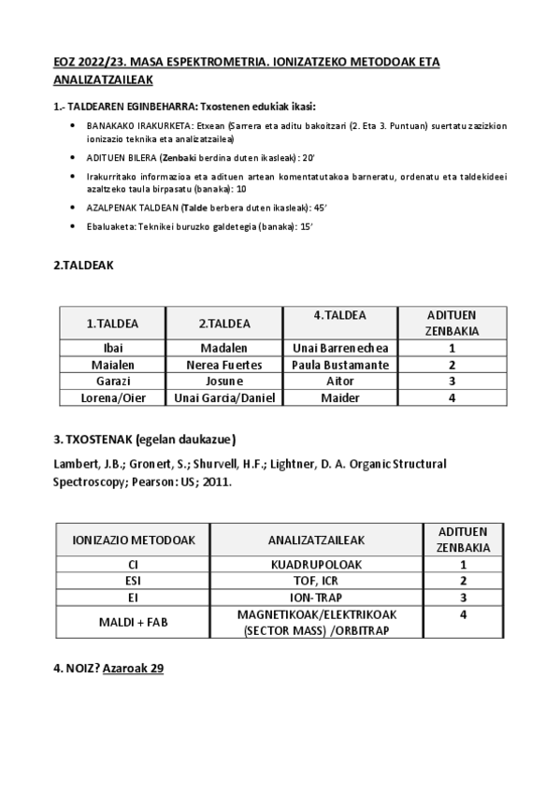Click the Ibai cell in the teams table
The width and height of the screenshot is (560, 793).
click(x=112, y=348)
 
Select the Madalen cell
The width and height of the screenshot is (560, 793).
click(x=224, y=348)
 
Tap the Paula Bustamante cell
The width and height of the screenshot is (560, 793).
click(x=339, y=365)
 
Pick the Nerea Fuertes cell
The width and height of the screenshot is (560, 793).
click(x=224, y=365)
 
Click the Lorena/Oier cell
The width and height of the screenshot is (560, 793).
click(x=112, y=397)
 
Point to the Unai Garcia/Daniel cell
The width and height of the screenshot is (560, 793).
click(x=224, y=397)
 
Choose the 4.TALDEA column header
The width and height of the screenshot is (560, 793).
click(x=339, y=315)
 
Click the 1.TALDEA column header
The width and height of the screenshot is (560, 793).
click(x=112, y=324)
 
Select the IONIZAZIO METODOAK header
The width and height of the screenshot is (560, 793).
click(x=132, y=540)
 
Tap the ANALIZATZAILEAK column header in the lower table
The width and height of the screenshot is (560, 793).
click(x=316, y=540)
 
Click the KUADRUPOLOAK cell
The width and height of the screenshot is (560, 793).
click(x=316, y=565)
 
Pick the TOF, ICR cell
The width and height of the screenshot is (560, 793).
click(x=316, y=581)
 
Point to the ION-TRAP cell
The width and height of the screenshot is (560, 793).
click(x=316, y=597)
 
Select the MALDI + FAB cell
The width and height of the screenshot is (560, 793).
click(x=132, y=622)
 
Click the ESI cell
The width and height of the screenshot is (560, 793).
click(x=132, y=581)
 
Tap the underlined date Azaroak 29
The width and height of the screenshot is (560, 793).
click(x=133, y=670)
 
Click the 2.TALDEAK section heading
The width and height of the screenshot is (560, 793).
click(x=83, y=266)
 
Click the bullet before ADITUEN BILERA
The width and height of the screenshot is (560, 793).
click(x=74, y=157)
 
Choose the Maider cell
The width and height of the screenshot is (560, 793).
click(x=339, y=397)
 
